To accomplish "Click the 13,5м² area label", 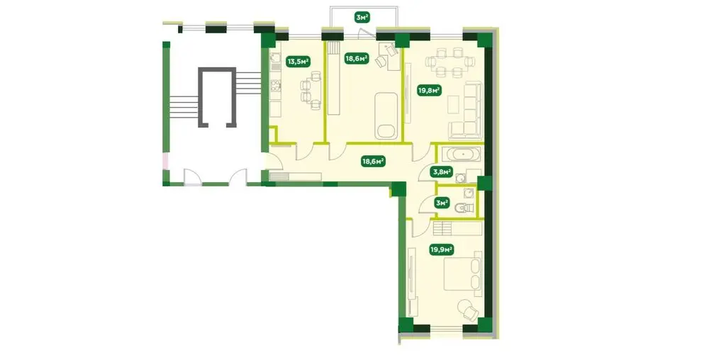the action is click(x=297, y=61).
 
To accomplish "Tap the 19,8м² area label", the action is click(x=429, y=91).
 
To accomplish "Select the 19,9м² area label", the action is click(x=442, y=249).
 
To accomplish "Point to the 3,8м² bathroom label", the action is click(x=442, y=171).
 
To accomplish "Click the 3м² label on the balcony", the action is click(x=362, y=18).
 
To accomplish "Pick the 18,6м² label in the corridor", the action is click(x=373, y=160).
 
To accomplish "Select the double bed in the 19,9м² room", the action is click(x=463, y=274).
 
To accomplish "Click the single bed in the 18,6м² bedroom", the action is click(x=386, y=116).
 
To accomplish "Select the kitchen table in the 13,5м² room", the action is click(x=316, y=90).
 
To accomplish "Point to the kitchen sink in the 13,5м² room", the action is click(x=275, y=59).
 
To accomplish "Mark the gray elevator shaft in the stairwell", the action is click(x=217, y=97).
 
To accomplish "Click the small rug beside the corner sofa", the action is click(x=454, y=104).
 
